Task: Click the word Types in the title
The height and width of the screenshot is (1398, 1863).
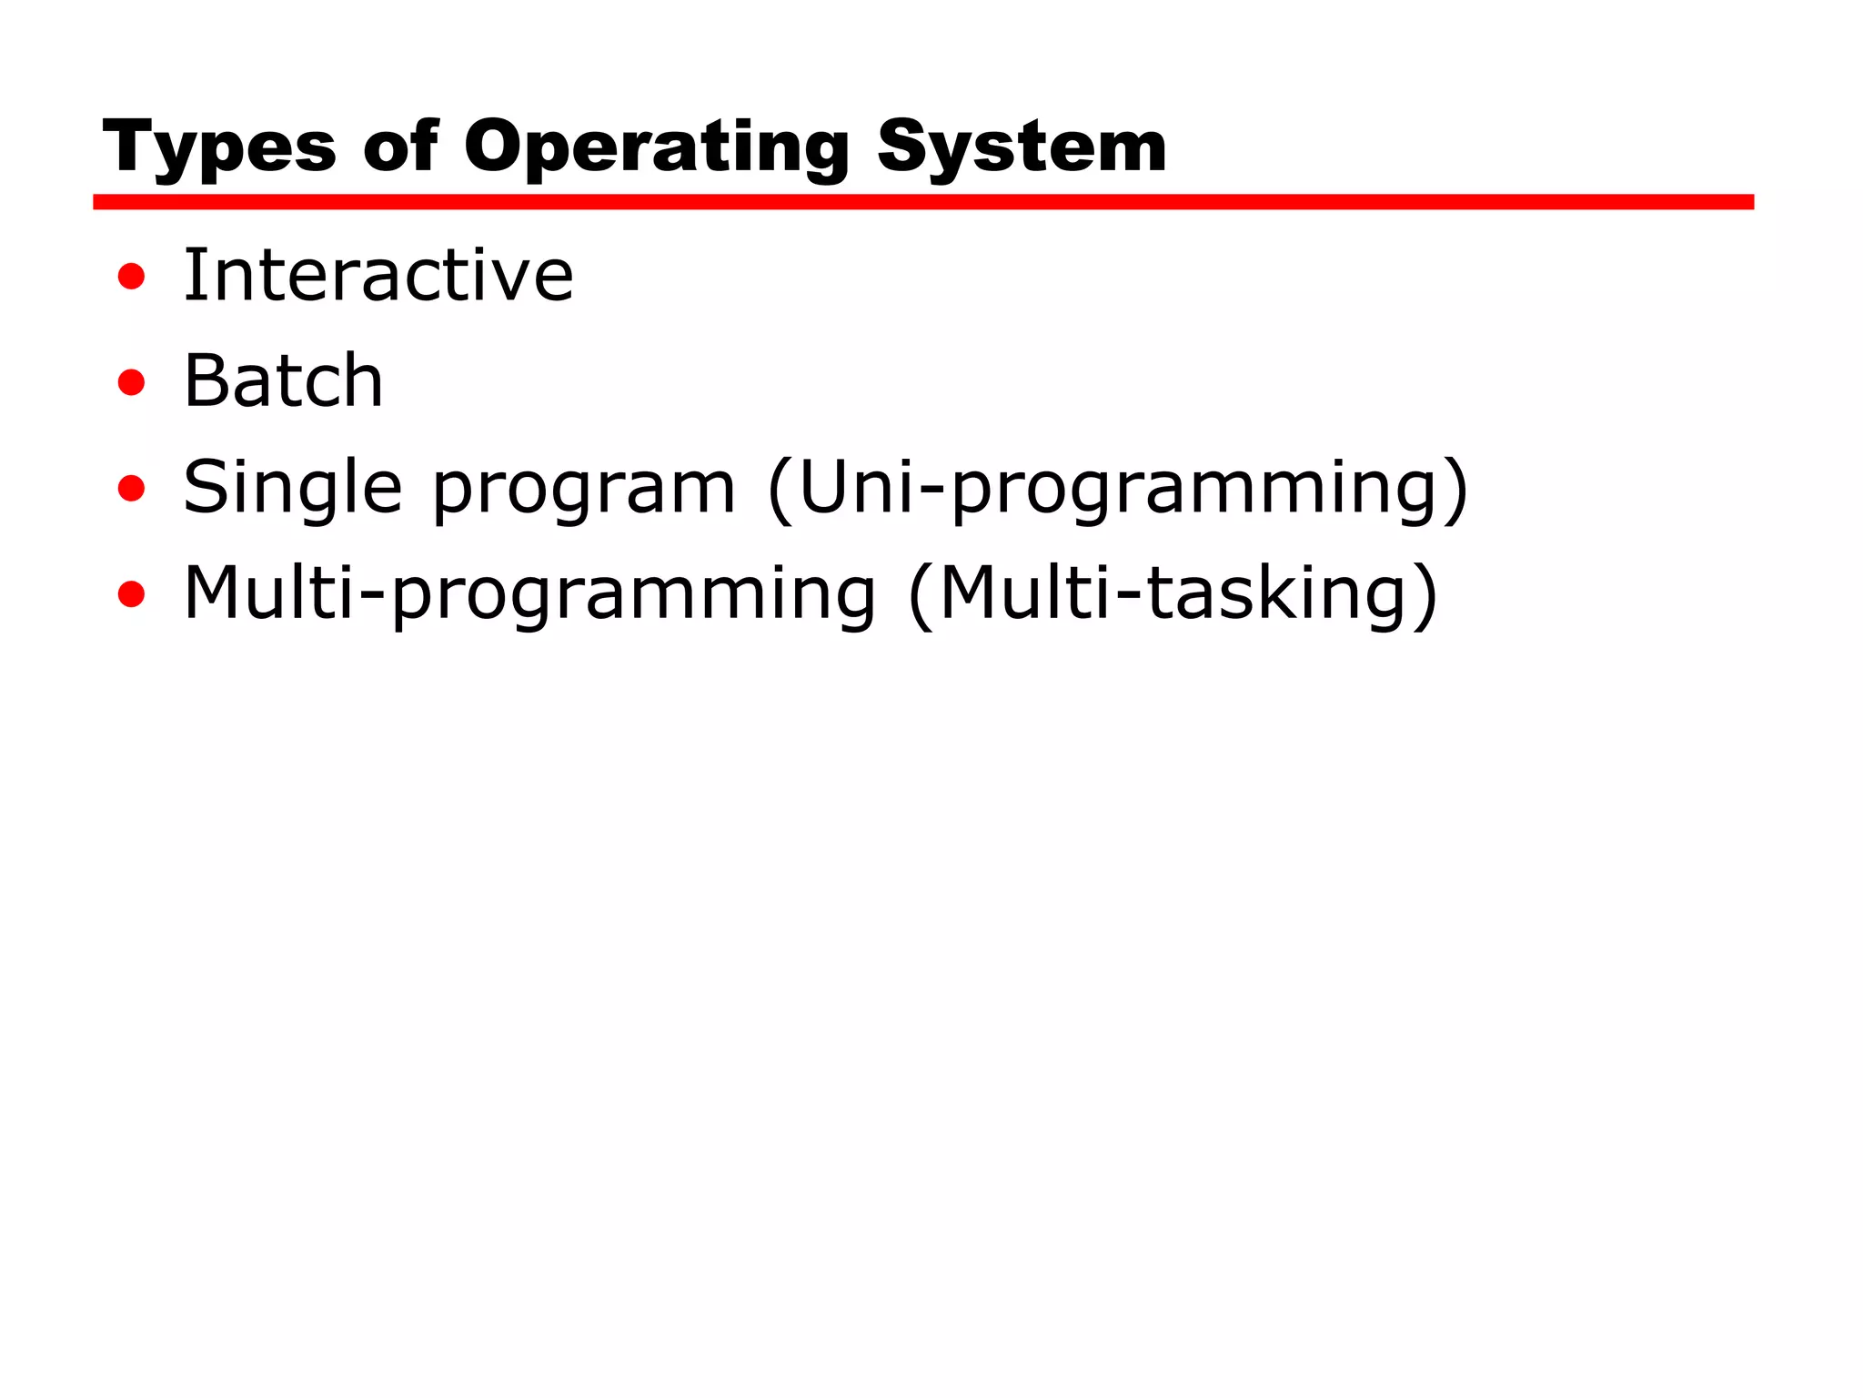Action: [x=219, y=147]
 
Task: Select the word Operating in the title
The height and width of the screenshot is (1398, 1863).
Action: [x=657, y=147]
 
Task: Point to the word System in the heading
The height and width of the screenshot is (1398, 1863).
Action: [x=1022, y=147]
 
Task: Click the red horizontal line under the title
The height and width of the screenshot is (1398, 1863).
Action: [x=922, y=202]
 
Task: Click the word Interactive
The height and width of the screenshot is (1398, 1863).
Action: [x=378, y=275]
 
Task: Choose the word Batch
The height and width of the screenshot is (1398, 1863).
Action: [x=283, y=380]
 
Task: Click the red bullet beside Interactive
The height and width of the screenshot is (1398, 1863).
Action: [x=132, y=276]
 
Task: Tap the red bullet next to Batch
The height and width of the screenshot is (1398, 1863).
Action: [x=132, y=382]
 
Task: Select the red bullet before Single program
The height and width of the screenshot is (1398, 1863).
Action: [x=132, y=489]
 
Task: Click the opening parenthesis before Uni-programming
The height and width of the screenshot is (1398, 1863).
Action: [x=780, y=490]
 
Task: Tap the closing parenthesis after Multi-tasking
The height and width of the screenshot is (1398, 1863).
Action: [x=1426, y=596]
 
